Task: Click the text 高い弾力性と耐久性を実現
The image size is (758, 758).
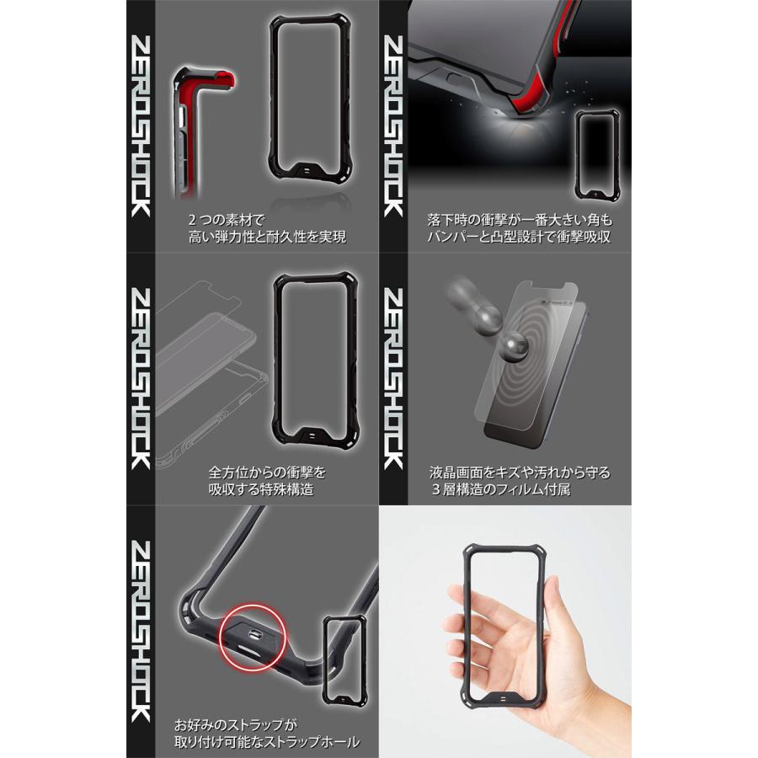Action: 268,237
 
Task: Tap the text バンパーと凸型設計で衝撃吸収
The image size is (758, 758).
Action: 519,237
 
